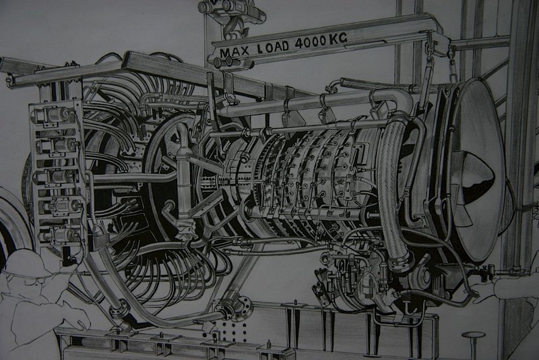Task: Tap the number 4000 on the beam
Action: click(311, 42)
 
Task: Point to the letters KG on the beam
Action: click(338, 39)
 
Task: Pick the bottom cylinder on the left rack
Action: click(58, 235)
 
